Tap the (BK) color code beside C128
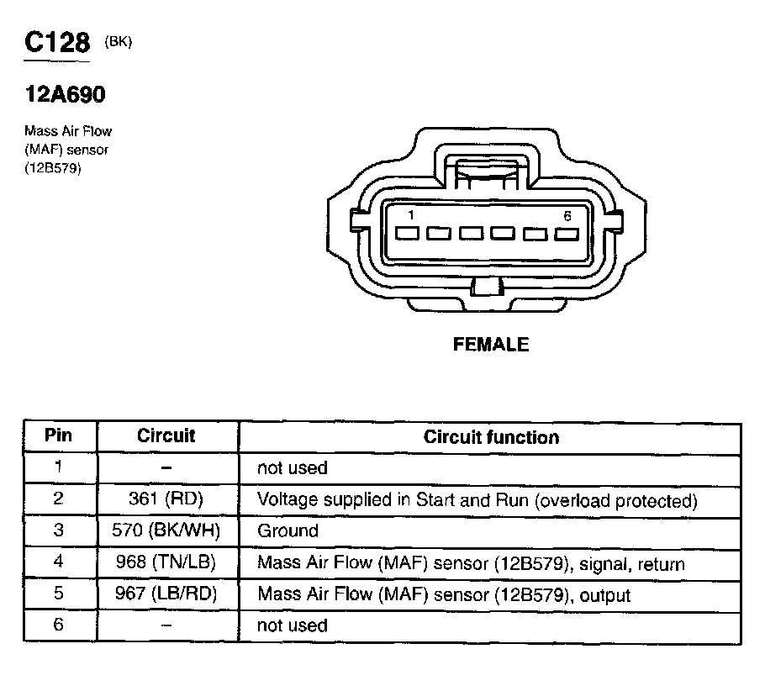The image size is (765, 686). point(119,43)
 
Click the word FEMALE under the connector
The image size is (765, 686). point(491,345)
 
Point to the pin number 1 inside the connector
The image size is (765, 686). point(410,216)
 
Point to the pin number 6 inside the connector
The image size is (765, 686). point(567,216)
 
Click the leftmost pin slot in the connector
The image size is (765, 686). point(407,233)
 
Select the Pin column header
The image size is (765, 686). point(58,436)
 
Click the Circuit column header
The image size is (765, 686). point(166,436)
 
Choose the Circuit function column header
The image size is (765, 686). point(491,437)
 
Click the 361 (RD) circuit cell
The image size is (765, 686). point(166,499)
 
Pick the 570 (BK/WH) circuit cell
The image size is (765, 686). point(166,531)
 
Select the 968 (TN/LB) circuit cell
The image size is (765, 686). point(166,563)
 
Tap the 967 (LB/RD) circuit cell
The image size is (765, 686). point(166,594)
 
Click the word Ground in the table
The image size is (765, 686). point(288,531)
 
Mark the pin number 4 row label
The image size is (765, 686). point(58,563)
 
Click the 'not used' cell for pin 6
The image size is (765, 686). point(292,625)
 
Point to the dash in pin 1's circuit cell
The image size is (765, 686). point(166,467)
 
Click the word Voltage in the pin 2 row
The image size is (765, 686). point(285,499)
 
